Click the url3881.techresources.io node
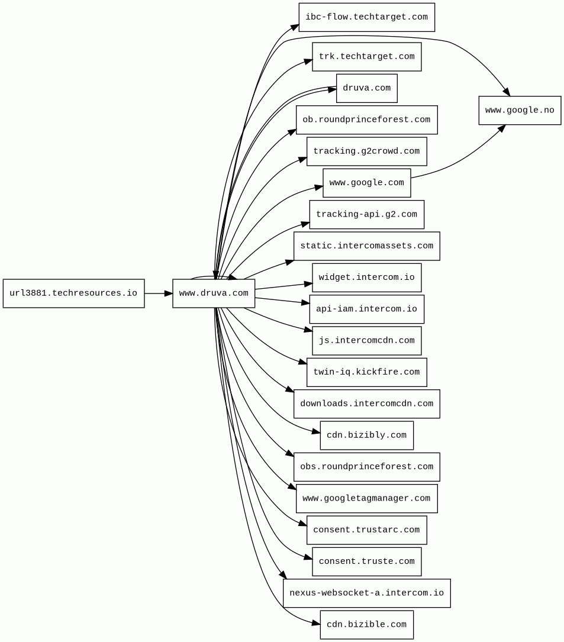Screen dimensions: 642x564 [73, 293]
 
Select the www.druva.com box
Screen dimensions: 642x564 [214, 293]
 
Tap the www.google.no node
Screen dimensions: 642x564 [520, 111]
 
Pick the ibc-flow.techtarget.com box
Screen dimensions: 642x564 [366, 17]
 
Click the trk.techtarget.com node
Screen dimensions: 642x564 [366, 57]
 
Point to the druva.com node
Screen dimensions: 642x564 [366, 88]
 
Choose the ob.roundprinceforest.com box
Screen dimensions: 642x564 [366, 120]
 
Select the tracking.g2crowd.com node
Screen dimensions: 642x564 [366, 151]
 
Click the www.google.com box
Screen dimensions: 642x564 [366, 183]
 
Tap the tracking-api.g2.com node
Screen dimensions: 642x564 [366, 214]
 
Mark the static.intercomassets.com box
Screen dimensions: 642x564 [366, 246]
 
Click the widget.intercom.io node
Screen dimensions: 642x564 [366, 278]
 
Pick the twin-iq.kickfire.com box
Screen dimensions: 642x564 [366, 372]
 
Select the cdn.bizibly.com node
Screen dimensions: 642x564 [366, 435]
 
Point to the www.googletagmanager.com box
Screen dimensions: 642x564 [366, 498]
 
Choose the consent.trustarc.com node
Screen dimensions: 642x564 [366, 530]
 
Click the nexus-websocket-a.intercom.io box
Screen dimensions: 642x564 [366, 593]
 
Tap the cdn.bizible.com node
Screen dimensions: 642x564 [366, 625]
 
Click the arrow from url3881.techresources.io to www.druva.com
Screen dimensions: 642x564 [158, 293]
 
